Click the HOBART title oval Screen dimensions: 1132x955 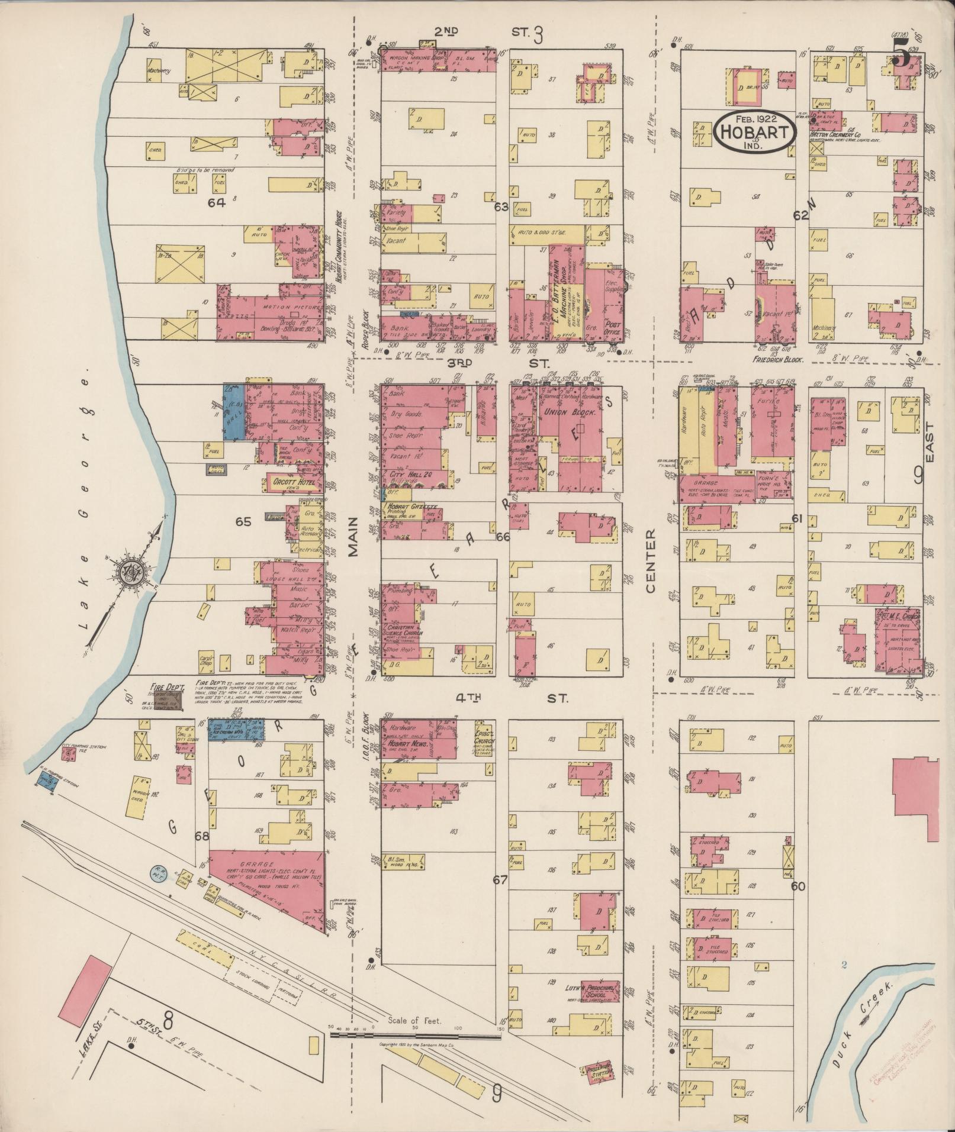pyautogui.click(x=754, y=132)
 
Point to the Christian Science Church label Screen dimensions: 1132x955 pyautogui.click(x=404, y=629)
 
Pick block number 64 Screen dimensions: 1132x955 pyautogui.click(x=217, y=202)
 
